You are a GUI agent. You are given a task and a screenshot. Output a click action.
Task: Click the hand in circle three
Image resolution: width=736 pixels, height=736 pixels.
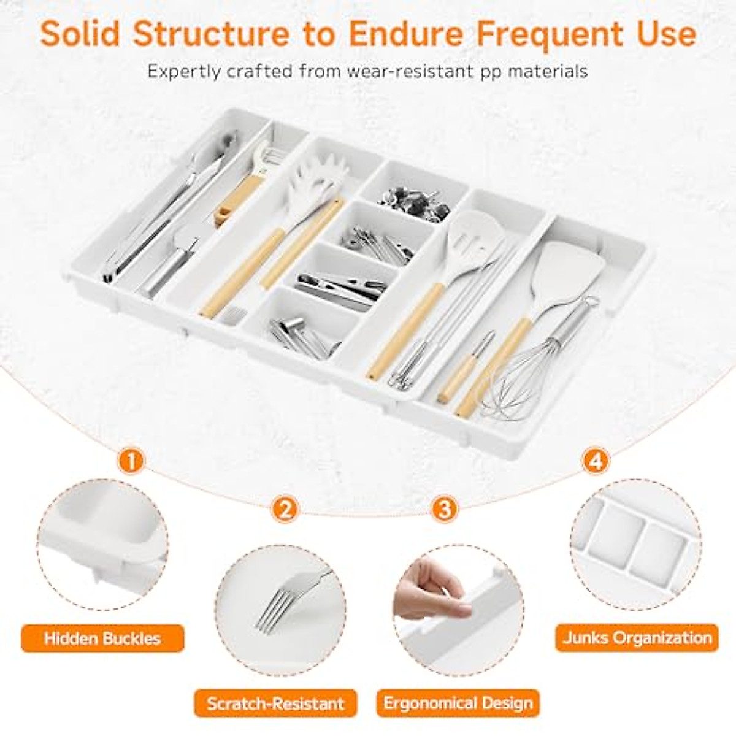tap(429, 589)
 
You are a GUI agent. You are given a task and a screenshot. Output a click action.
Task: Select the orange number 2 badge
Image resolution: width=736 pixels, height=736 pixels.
tap(286, 508)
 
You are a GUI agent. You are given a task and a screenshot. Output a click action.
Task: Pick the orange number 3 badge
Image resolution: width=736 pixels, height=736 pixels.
tap(444, 508)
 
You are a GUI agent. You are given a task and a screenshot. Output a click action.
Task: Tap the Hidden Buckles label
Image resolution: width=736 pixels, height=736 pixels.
tap(102, 638)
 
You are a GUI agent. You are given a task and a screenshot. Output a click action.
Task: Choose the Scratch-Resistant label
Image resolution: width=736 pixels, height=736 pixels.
tap(275, 703)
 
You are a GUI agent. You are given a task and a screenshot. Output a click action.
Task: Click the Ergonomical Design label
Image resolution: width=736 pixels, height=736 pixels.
tap(458, 703)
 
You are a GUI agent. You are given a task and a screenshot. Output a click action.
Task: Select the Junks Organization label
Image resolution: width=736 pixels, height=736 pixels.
tap(637, 637)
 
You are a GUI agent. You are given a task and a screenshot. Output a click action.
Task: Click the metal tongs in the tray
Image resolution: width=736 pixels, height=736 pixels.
tap(166, 209)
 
